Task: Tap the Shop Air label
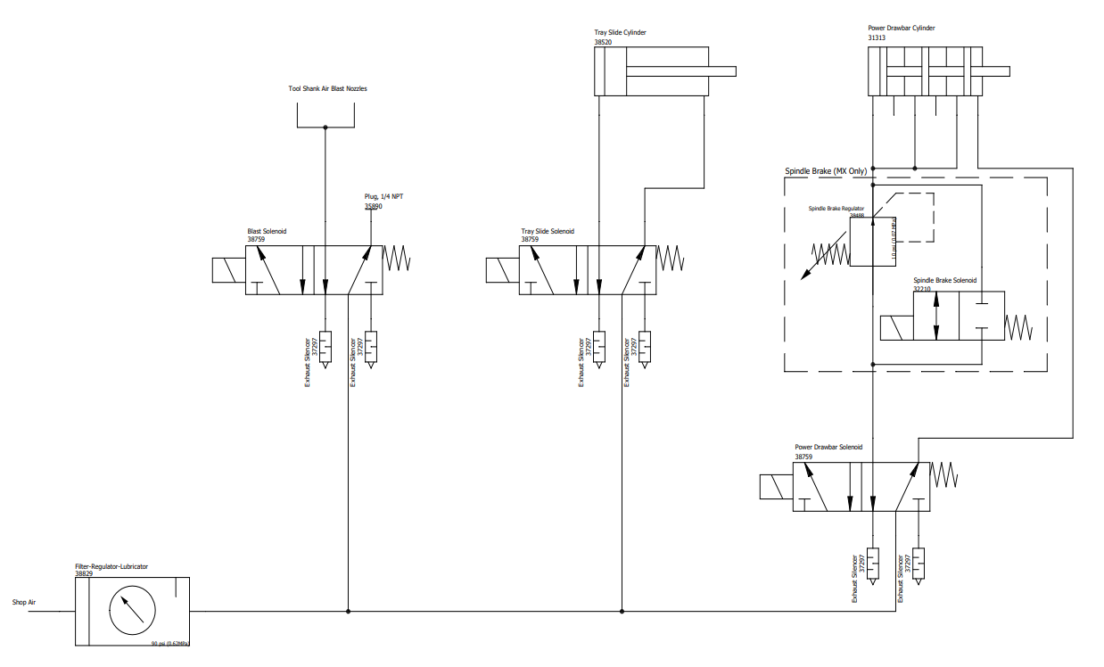pyautogui.click(x=24, y=603)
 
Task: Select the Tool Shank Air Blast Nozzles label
pyautogui.click(x=327, y=89)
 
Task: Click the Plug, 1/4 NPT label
pyautogui.click(x=383, y=196)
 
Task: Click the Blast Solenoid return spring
pyautogui.click(x=398, y=259)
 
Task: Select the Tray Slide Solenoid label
pyautogui.click(x=548, y=232)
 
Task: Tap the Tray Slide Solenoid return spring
pyautogui.click(x=672, y=259)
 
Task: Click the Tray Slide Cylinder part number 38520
pyautogui.click(x=606, y=42)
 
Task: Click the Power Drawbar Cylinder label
pyautogui.click(x=901, y=29)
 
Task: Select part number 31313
pyautogui.click(x=877, y=38)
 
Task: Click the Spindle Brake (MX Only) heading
pyautogui.click(x=825, y=171)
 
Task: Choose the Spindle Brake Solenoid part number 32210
pyautogui.click(x=921, y=289)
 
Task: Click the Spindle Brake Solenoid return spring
pyautogui.click(x=1018, y=327)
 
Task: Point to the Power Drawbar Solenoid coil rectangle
pyautogui.click(x=773, y=487)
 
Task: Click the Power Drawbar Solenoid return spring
pyautogui.click(x=944, y=474)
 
